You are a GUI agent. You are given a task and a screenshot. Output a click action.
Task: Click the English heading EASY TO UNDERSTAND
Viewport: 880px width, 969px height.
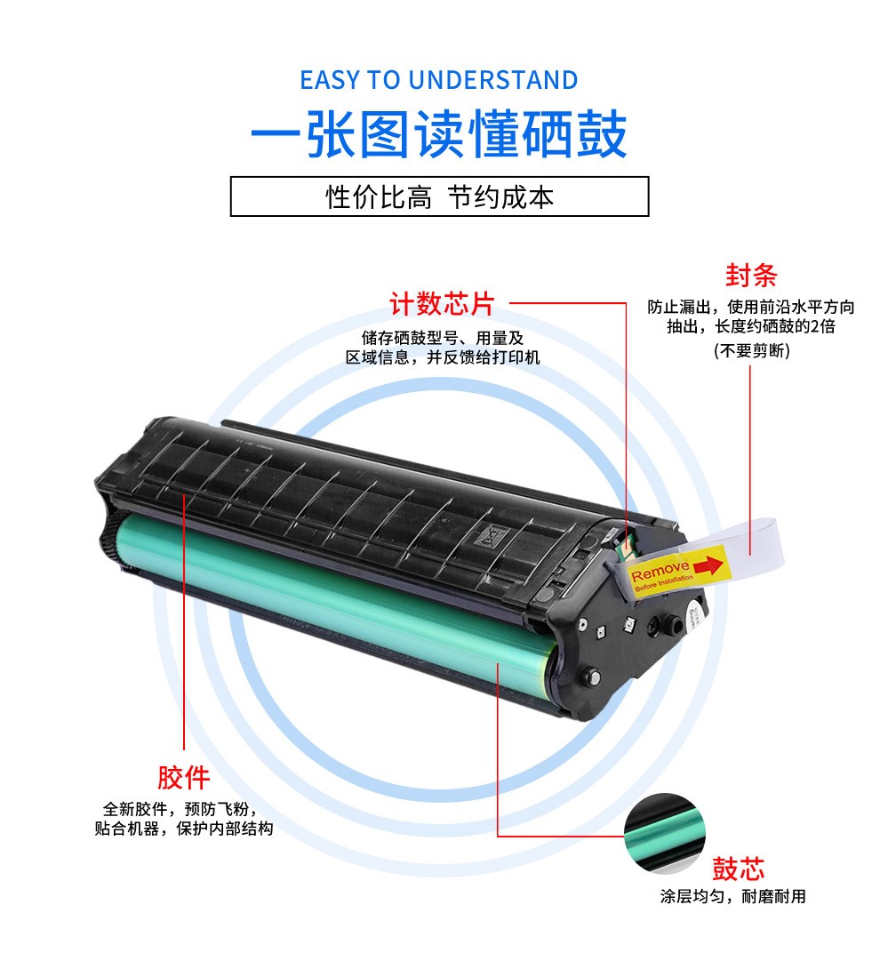coord(439,80)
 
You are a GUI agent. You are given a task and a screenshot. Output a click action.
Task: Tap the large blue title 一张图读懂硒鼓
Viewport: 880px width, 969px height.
coord(439,134)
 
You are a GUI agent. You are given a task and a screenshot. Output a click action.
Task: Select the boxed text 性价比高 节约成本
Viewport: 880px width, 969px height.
coord(439,197)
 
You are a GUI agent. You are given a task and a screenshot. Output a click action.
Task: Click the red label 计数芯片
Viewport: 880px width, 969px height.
coord(442,304)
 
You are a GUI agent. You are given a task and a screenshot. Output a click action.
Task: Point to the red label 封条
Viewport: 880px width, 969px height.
coord(751,275)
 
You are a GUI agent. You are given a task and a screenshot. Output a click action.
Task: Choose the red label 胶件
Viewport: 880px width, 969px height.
coord(183,778)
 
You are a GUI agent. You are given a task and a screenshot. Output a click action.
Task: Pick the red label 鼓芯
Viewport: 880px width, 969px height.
coord(738,869)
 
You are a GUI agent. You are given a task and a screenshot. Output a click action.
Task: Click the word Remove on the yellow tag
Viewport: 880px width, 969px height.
coord(660,570)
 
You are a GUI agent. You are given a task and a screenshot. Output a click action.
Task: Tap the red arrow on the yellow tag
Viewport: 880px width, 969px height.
coord(708,565)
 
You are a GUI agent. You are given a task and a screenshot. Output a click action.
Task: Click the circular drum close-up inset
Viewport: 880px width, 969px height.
coord(664,833)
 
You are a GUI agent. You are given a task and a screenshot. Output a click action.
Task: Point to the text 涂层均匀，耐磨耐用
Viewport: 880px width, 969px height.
coord(733,896)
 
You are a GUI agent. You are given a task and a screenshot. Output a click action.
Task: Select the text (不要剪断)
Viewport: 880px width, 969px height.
coord(751,351)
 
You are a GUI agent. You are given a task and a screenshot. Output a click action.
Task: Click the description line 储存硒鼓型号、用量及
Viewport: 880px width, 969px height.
coord(443,338)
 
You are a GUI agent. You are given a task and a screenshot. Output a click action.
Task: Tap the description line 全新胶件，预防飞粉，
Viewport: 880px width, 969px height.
coord(180,809)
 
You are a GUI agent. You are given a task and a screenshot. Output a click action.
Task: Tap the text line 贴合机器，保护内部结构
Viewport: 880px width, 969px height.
coord(183,829)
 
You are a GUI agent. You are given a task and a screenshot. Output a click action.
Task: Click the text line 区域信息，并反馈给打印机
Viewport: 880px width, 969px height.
coord(443,357)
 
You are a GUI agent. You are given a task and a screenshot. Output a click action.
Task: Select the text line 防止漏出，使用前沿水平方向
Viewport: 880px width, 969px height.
coord(751,307)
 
